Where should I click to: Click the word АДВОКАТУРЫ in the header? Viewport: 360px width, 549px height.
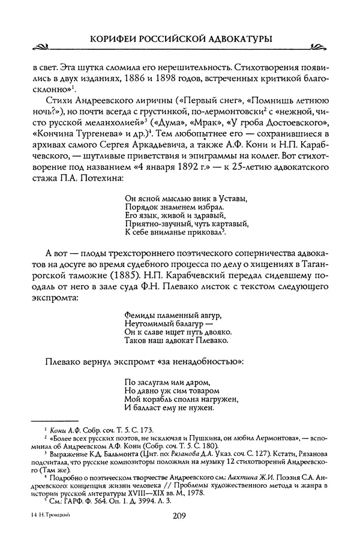point(238,38)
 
